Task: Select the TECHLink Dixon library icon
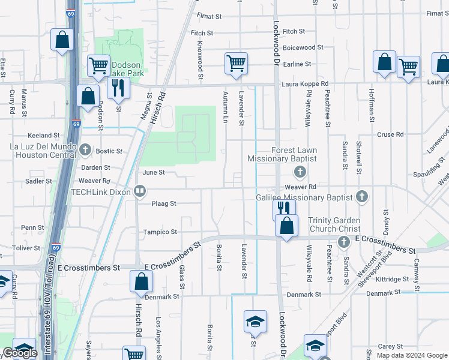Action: pyautogui.click(x=139, y=191)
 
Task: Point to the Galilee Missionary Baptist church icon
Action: pyautogui.click(x=361, y=196)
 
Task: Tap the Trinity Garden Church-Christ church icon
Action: pyautogui.click(x=343, y=242)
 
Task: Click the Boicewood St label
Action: pyautogui.click(x=303, y=47)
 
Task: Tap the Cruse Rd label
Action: pyautogui.click(x=390, y=135)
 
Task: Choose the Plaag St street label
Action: pyautogui.click(x=164, y=203)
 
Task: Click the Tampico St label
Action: pyautogui.click(x=160, y=232)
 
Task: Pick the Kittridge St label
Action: pyautogui.click(x=394, y=279)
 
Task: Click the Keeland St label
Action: pyautogui.click(x=44, y=136)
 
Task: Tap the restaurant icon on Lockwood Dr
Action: pyautogui.click(x=283, y=208)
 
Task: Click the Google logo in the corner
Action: pyautogui.click(x=20, y=353)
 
